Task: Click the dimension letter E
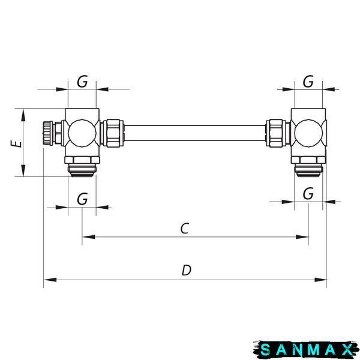pyautogui.click(x=16, y=143)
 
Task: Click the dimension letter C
pyautogui.click(x=185, y=228)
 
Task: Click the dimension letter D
pyautogui.click(x=187, y=270)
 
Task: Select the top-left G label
pyautogui.click(x=82, y=82)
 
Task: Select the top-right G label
pyautogui.click(x=308, y=82)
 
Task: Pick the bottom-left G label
pyautogui.click(x=82, y=199)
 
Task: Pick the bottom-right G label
pyautogui.click(x=308, y=194)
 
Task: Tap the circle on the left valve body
pyautogui.click(x=82, y=133)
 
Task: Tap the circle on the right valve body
pyautogui.click(x=308, y=133)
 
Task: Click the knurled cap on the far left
pyautogui.click(x=47, y=133)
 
